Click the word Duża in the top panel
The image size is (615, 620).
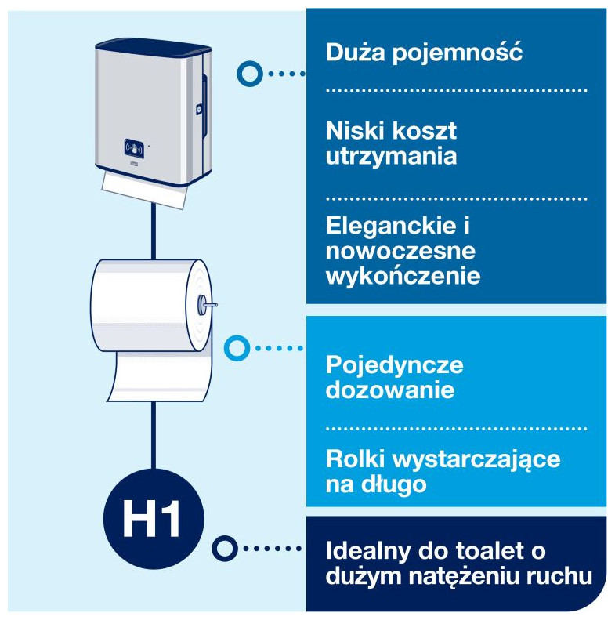tap(355, 52)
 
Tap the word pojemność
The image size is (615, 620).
tap(458, 53)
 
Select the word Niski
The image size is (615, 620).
tap(352, 130)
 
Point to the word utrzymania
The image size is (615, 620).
tap(391, 156)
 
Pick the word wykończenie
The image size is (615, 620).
tap(403, 276)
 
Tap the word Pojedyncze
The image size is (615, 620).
tap(394, 366)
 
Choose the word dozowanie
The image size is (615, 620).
tap(390, 390)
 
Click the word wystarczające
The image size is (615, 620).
tap(476, 461)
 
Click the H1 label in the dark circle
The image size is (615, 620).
tap(151, 519)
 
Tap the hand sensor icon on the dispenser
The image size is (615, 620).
tap(135, 149)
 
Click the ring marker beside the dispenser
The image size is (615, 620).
tap(250, 74)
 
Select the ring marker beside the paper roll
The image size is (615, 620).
tap(237, 348)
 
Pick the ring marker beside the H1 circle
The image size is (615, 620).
tap(225, 549)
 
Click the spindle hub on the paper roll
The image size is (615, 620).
tap(202, 304)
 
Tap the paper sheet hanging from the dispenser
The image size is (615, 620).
tap(144, 190)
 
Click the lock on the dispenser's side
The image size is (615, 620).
tap(199, 109)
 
